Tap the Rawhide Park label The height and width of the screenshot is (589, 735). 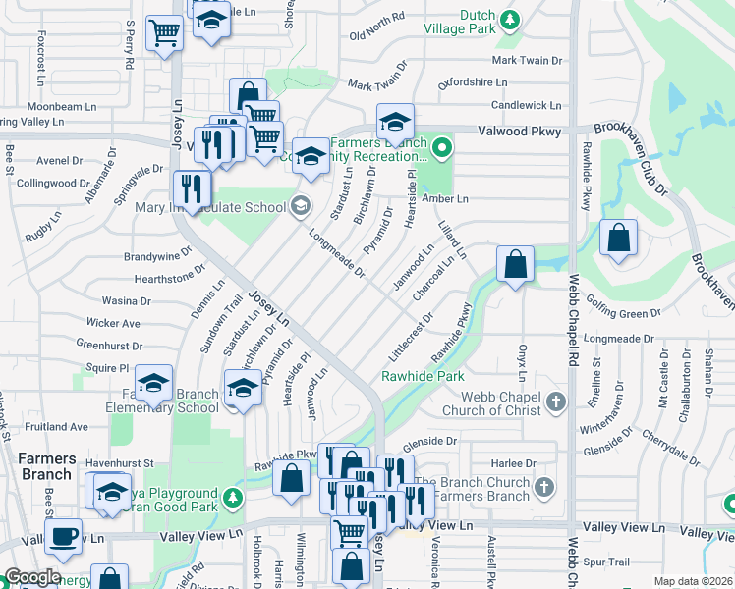click(x=423, y=376)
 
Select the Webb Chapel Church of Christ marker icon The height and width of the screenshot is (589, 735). click(x=556, y=402)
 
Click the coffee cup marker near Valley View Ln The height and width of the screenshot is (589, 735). click(x=65, y=535)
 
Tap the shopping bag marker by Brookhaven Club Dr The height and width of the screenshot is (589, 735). click(x=618, y=239)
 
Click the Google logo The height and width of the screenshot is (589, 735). click(x=32, y=577)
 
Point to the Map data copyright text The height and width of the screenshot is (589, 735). click(x=693, y=581)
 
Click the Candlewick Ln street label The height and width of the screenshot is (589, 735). click(x=526, y=105)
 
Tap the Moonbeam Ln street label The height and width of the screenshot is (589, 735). click(x=61, y=106)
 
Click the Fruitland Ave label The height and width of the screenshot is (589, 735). click(x=57, y=427)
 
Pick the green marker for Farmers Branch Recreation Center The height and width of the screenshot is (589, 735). click(x=442, y=149)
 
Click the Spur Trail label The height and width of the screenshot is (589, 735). click(x=605, y=562)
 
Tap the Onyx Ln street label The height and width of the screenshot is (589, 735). click(x=522, y=362)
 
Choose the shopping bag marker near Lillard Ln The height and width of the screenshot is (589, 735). click(x=515, y=263)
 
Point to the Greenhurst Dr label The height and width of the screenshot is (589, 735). click(x=109, y=346)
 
